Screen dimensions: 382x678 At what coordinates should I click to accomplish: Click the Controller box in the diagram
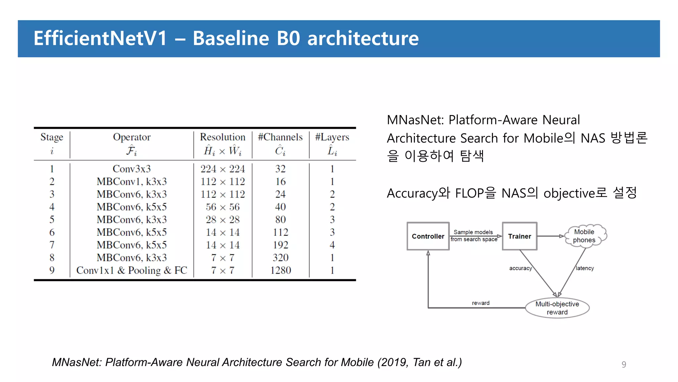point(428,236)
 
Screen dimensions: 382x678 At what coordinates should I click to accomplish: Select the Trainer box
point(519,236)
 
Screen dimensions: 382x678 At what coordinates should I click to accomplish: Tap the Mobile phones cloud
point(584,236)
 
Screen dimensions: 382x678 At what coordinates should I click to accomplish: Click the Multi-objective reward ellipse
point(557,308)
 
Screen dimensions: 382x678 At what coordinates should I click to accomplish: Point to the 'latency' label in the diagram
point(585,268)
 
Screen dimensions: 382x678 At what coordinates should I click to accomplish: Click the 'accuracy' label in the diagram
point(520,268)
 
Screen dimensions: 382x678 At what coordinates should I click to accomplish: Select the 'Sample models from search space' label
point(474,236)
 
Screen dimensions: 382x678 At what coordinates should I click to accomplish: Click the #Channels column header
point(280,137)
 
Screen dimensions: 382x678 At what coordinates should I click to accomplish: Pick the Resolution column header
point(222,137)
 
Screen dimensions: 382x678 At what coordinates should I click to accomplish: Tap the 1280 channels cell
point(280,270)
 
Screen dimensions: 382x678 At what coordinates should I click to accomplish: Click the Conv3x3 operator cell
point(131,169)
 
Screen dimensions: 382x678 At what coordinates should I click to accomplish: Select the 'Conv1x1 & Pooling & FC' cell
point(131,270)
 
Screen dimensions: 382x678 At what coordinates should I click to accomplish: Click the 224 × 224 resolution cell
point(222,169)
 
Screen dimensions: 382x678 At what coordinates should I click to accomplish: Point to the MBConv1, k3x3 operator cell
point(131,181)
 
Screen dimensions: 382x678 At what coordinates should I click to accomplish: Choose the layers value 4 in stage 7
point(332,245)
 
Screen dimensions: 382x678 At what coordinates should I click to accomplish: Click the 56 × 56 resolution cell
point(222,207)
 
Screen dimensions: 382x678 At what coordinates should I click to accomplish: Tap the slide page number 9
point(624,364)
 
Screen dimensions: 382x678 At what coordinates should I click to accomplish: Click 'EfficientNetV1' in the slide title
point(100,38)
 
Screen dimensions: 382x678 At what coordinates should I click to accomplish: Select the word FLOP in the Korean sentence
point(469,193)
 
